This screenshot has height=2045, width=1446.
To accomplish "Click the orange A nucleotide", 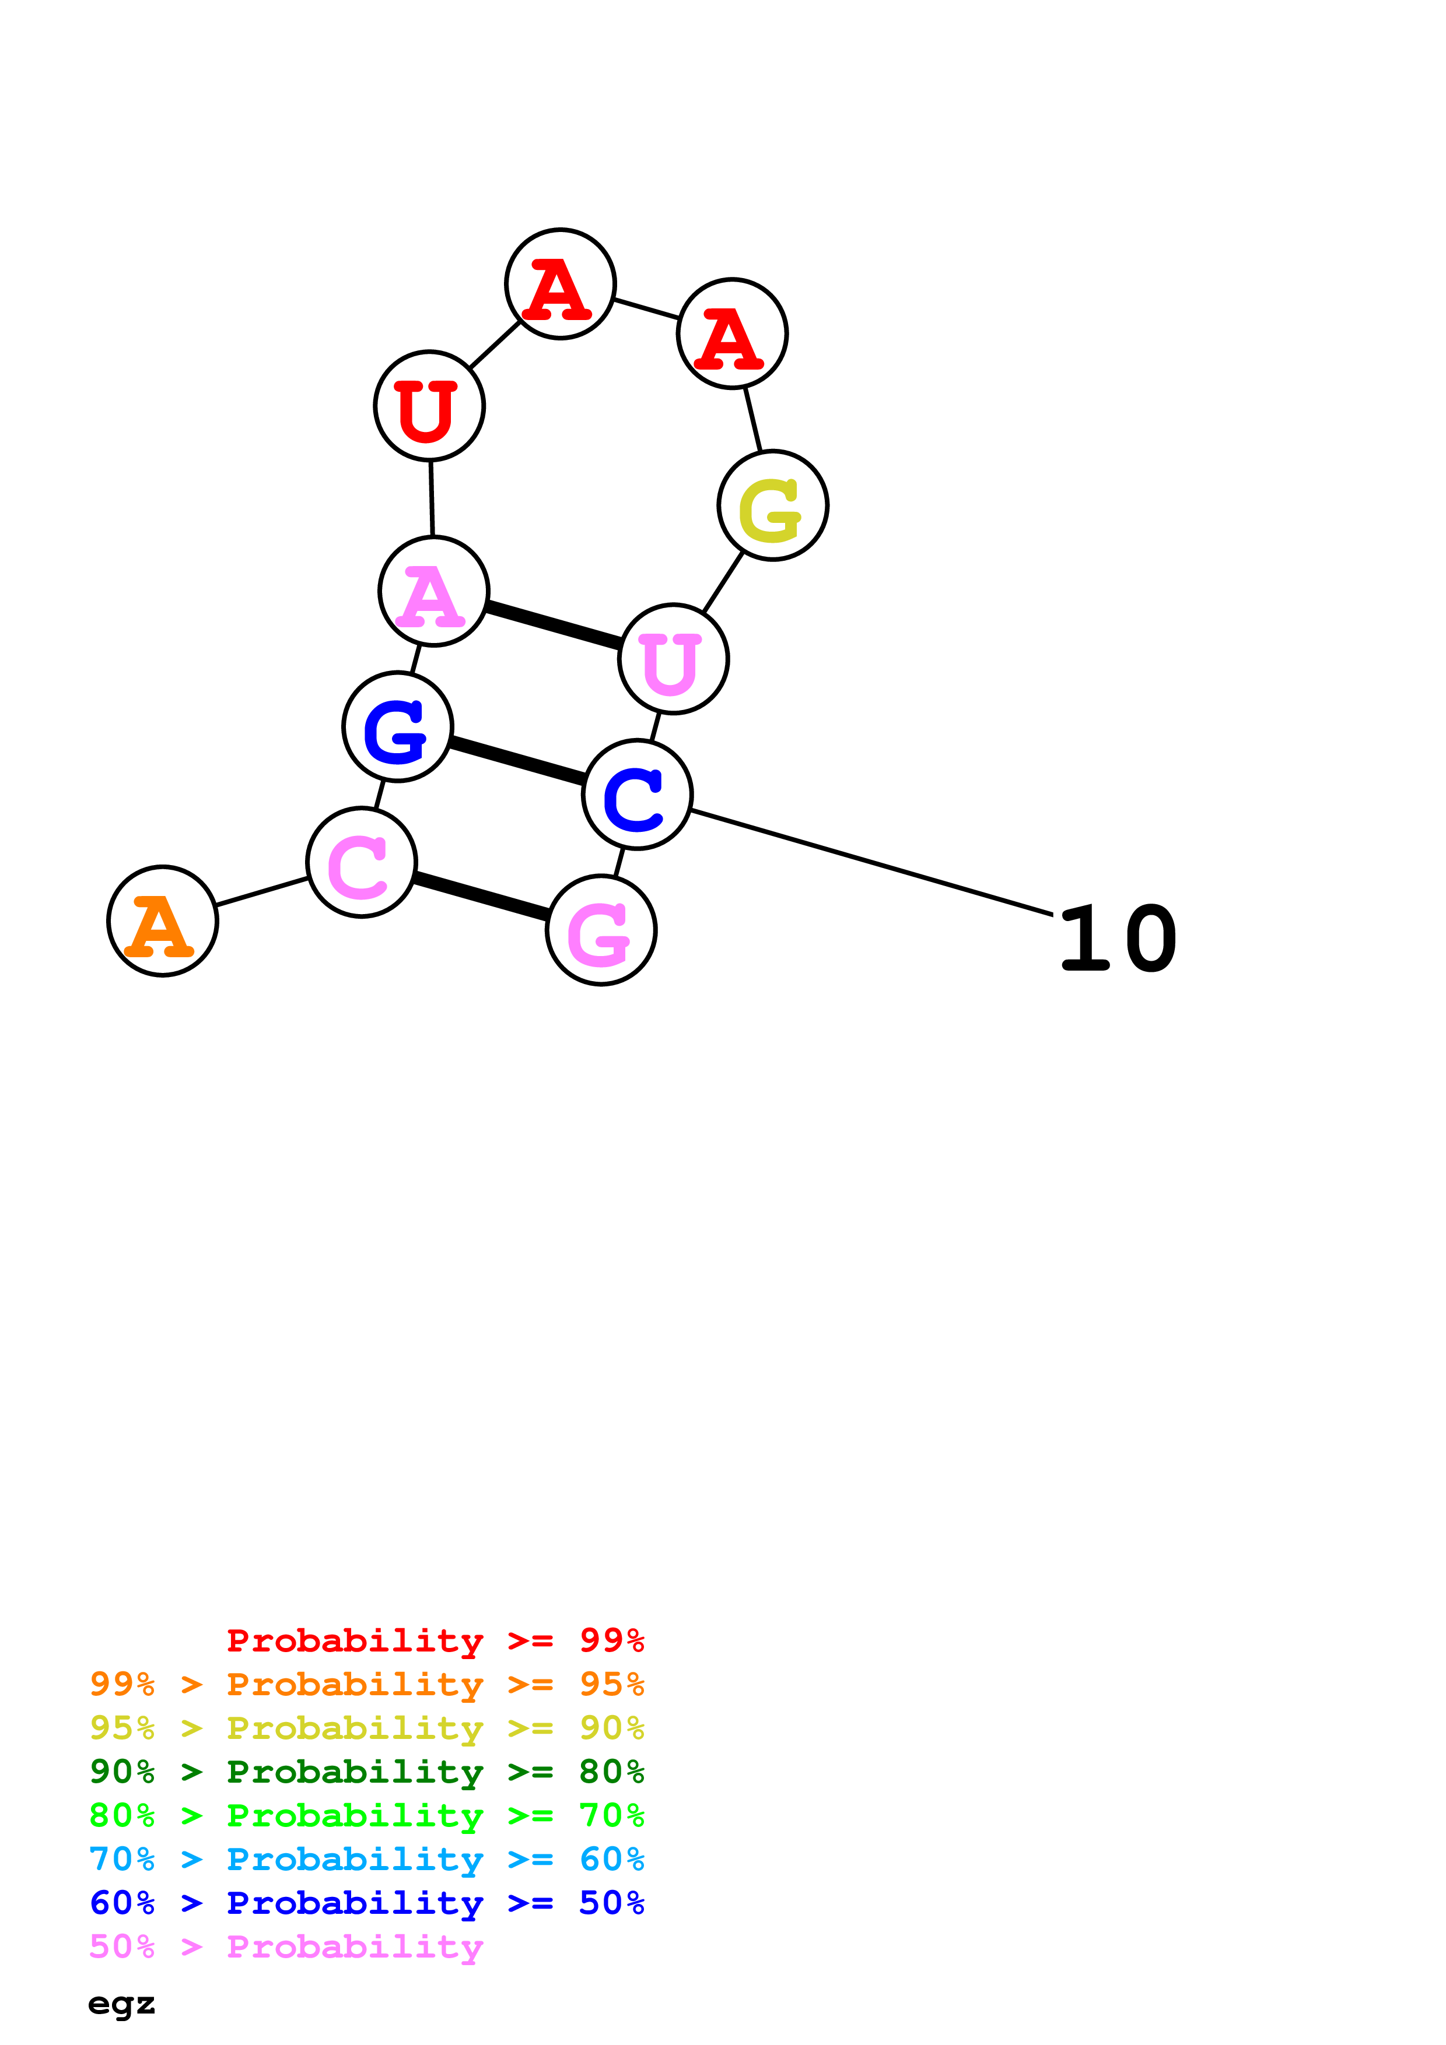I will pos(162,921).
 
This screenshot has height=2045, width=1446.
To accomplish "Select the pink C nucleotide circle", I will pos(361,862).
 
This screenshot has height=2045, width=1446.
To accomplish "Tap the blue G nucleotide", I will pos(397,727).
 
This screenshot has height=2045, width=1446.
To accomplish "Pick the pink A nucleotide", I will pos(434,592).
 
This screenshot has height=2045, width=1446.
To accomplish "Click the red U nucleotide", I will pos(429,406).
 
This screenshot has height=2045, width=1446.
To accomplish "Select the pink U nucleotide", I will pos(674,659).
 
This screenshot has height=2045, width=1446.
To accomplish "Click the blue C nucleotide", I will pos(637,795).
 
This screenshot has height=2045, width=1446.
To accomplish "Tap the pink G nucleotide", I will pos(601,930).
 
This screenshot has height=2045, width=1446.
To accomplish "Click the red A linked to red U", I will pos(561,284).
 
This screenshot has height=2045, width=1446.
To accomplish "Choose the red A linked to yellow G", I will pos(733,334).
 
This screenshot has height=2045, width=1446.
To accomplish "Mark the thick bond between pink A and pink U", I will pos(554,626).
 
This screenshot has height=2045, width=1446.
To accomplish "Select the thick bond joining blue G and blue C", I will pos(517,761).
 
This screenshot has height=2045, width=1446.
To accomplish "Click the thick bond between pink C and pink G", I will pos(481,896).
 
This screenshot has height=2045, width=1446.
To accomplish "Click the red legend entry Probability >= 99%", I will pos(435,1640).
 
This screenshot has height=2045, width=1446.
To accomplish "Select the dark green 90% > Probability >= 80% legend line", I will pos(366,1772).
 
